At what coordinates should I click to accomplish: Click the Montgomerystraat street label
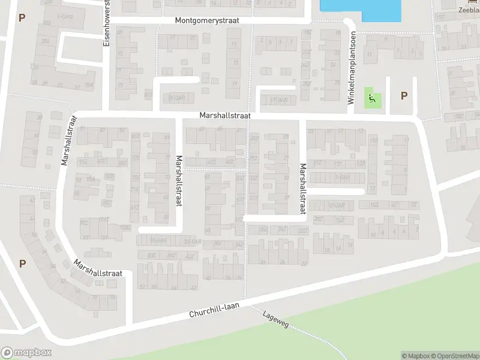pos(207,20)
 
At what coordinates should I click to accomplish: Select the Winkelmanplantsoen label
pos(352,68)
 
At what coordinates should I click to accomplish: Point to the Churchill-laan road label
pos(214,310)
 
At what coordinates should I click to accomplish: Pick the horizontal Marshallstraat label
pos(225,116)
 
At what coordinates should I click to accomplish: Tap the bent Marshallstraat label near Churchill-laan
pos(98,268)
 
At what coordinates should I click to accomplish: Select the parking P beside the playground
pos(404,95)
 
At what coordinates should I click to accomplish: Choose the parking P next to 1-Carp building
pos(22,18)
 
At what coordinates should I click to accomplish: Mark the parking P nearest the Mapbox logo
pos(22,263)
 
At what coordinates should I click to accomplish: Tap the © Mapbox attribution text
pos(415,356)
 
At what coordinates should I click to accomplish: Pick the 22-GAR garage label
pos(192,241)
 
